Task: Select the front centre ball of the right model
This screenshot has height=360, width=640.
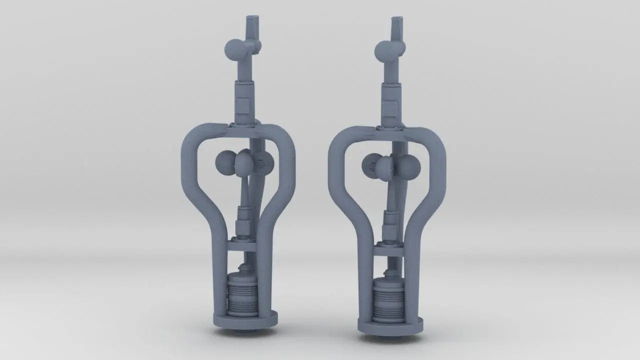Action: [x=385, y=168]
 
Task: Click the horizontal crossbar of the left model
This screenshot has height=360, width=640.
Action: [x=241, y=246]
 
